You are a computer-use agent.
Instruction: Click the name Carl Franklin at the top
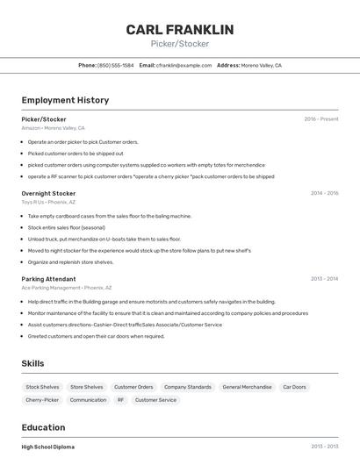pos(180,30)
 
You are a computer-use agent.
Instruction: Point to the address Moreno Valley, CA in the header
pos(261,66)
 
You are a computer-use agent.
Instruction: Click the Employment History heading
pos(65,101)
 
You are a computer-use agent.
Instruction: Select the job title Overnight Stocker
pos(48,193)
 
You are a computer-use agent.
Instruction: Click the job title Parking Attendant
pos(48,279)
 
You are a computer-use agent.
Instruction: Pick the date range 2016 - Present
pos(321,119)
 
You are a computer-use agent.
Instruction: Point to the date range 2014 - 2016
pos(324,193)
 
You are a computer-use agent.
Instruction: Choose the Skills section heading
pos(32,363)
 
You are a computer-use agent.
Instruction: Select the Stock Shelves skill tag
pos(42,387)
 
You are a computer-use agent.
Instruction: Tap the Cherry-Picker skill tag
pos(42,400)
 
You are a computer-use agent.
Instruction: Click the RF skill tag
pos(120,400)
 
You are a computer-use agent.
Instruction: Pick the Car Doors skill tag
pos(294,387)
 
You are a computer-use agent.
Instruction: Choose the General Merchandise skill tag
pos(247,387)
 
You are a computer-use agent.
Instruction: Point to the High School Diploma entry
pos(48,447)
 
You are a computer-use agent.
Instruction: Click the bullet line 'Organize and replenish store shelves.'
pos(70,262)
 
